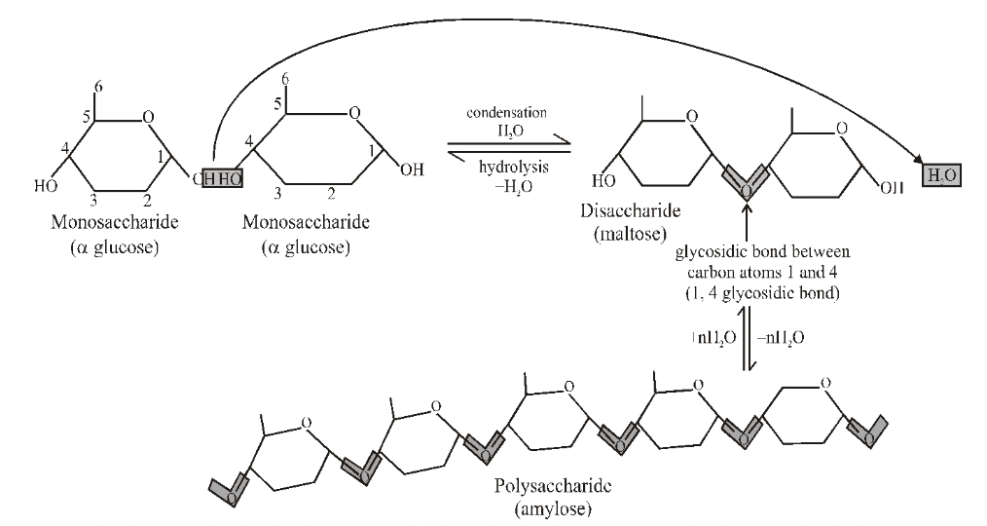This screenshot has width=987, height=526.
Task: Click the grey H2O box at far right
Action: point(936,175)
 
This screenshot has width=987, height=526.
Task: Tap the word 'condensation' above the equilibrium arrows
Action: point(507,113)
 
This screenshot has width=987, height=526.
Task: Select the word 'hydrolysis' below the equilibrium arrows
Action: point(506,167)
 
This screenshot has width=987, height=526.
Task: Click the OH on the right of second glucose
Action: point(411,169)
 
